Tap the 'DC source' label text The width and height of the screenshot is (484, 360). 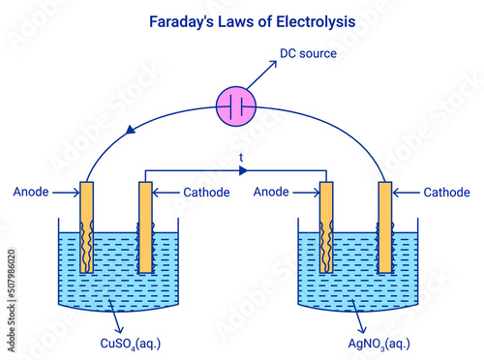[308, 53]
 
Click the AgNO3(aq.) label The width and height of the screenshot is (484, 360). [378, 343]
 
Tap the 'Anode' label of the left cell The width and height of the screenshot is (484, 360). [33, 193]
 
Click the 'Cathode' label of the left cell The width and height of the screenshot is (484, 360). [206, 193]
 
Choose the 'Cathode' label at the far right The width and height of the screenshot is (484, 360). [446, 193]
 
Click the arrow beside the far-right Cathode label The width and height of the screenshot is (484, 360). [406, 193]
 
